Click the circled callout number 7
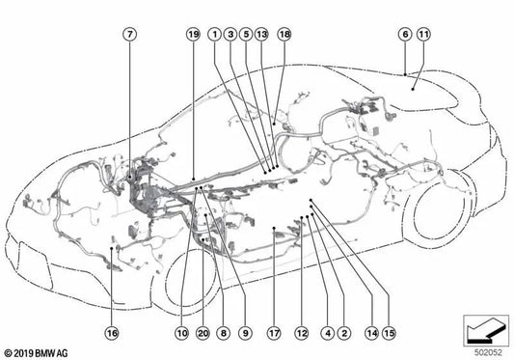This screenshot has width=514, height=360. [x=130, y=34]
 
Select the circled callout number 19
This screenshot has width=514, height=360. [x=194, y=34]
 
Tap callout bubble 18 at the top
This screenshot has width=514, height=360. [x=284, y=34]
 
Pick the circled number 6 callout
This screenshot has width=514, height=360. [x=405, y=34]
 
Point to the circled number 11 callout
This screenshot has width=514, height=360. [x=423, y=34]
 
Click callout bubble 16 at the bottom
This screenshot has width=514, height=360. [x=112, y=333]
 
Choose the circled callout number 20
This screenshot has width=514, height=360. [x=203, y=333]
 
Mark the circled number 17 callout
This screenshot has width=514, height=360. [x=274, y=333]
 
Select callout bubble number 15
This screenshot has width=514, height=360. [x=389, y=333]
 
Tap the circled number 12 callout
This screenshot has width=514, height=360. [x=302, y=333]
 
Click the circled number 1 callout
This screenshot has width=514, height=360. [x=215, y=34]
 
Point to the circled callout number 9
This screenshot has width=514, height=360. [x=245, y=333]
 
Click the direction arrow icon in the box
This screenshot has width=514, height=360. [x=486, y=330]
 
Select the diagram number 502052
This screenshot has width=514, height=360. [x=488, y=353]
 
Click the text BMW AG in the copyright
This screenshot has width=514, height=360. [x=51, y=353]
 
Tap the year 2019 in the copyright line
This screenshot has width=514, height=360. [x=24, y=353]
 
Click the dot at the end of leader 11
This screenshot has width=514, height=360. [x=413, y=89]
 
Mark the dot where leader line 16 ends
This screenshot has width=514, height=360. [x=112, y=248]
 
